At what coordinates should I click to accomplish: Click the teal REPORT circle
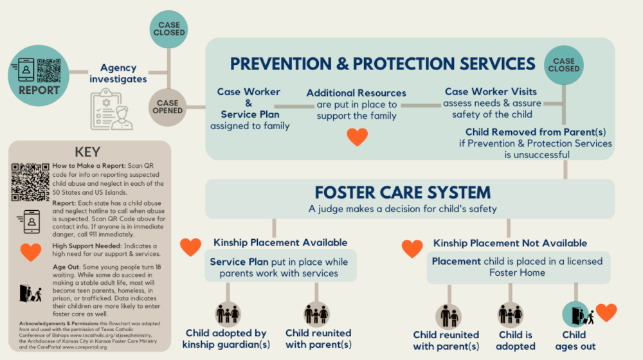(39, 75)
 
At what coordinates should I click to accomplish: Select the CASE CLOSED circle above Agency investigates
(169, 28)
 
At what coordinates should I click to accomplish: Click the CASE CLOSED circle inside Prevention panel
(563, 64)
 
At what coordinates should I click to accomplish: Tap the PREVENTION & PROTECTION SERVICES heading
(383, 64)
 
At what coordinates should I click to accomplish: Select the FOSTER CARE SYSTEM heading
(403, 192)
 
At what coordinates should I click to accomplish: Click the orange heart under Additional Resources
(357, 136)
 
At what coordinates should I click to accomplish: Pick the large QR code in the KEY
(30, 183)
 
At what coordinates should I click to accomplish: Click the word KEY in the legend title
(88, 152)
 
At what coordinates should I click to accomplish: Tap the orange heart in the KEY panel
(30, 253)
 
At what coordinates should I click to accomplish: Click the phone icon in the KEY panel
(30, 220)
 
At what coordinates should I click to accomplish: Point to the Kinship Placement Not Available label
(509, 243)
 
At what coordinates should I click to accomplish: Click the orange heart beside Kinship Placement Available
(190, 246)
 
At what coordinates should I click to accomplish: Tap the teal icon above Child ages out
(575, 315)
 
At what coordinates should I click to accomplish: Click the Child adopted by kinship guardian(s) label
(226, 339)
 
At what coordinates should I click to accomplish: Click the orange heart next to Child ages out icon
(606, 312)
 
